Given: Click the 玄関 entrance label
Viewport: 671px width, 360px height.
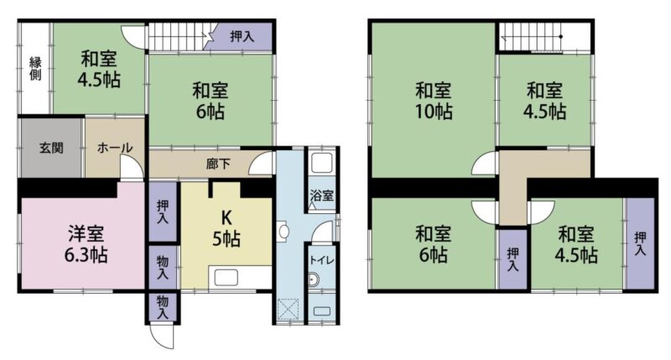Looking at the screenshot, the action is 51,148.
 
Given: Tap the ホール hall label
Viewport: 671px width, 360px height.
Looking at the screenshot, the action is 115,148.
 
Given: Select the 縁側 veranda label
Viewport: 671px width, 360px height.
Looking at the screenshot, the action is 35,69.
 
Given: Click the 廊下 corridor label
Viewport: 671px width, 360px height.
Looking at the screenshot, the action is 218,164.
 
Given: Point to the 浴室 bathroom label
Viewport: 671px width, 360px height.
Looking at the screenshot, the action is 321,196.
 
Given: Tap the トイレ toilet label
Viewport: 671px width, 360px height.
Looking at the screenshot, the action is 321,260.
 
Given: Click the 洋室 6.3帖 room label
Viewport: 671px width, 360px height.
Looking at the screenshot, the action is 86,244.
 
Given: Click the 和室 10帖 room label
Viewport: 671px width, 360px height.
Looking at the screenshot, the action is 433,101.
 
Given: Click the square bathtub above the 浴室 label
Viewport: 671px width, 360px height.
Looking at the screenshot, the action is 322,163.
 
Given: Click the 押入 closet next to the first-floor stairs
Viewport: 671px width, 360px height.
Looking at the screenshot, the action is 242,36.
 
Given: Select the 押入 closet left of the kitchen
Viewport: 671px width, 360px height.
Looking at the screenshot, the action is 163,211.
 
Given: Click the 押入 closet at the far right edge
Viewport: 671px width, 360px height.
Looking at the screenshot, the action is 640,243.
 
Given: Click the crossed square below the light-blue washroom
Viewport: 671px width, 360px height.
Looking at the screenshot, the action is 289,309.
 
